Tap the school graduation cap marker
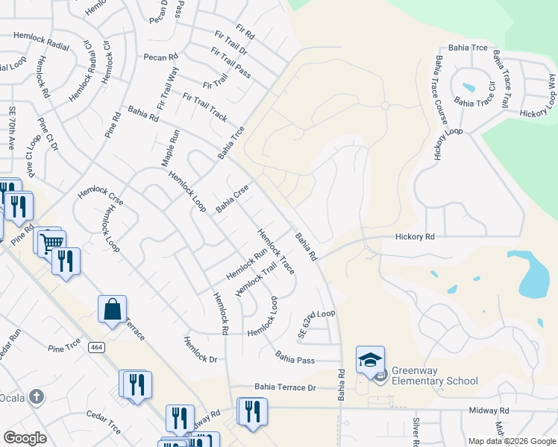point(370,361)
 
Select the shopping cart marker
point(51,243)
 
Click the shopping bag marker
point(112,310)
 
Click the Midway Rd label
point(489,410)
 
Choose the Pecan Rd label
point(160,57)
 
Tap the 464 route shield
point(96,347)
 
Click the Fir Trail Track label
point(204,107)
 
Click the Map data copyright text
point(511,441)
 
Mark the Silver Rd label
point(417,431)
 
